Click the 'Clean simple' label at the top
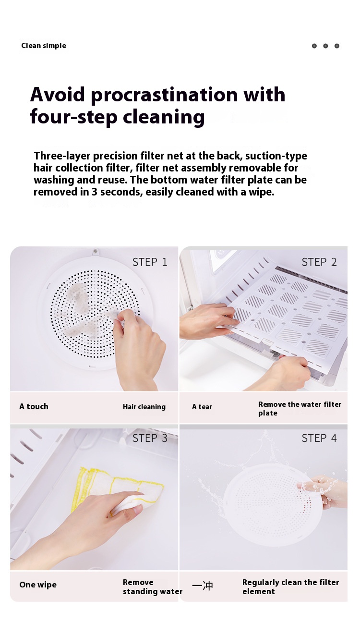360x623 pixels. [44, 46]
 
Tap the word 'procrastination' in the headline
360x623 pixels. [164, 95]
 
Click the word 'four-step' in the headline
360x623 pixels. [74, 117]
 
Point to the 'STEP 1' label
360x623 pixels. [150, 262]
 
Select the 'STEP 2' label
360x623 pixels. [319, 262]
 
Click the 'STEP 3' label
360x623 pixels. [150, 438]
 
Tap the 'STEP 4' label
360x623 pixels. [319, 438]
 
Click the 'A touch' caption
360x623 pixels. [34, 406]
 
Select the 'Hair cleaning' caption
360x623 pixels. [144, 407]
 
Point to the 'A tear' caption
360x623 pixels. [202, 407]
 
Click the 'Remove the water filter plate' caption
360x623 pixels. [300, 409]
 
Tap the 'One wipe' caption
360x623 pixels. [38, 585]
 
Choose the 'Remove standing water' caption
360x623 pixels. [153, 586]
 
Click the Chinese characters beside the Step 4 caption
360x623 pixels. [203, 586]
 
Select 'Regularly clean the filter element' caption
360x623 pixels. [290, 586]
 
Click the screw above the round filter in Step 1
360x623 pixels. [95, 251]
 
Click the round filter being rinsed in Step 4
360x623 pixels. [273, 505]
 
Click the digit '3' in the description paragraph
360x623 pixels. [94, 192]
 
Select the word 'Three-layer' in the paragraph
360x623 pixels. [62, 156]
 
